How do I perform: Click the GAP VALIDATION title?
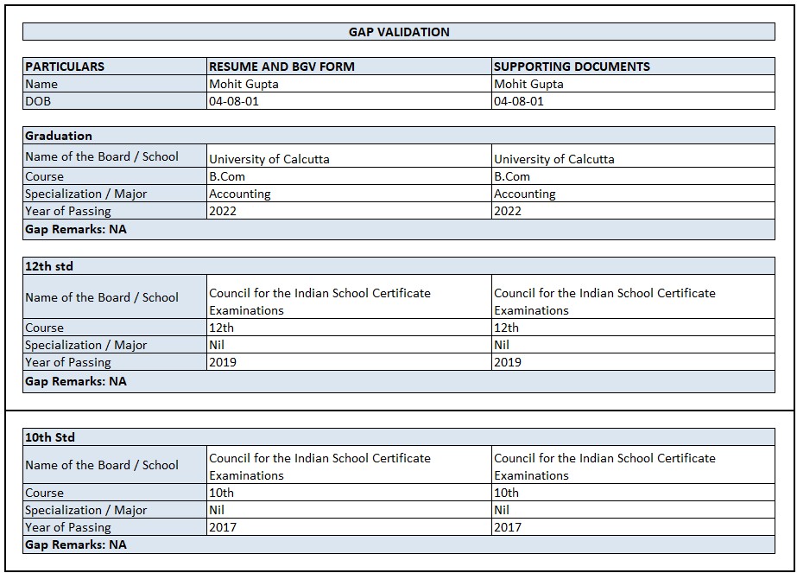pos(399,32)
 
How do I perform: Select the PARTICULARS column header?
pos(65,67)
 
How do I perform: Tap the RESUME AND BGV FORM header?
pos(281,67)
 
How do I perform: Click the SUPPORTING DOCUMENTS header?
pos(572,67)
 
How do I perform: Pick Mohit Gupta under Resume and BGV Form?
pos(244,84)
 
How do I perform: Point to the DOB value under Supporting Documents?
pos(519,101)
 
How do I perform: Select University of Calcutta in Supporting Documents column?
pos(554,159)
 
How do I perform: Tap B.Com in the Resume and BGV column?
pos(227,176)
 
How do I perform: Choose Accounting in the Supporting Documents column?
pos(525,194)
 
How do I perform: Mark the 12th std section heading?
pos(49,266)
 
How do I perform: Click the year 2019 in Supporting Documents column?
pos(508,362)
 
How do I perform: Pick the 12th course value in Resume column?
pos(222,328)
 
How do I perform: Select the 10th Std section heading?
pos(50,437)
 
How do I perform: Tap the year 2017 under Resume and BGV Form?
pos(223,527)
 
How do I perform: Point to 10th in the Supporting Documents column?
pos(507,493)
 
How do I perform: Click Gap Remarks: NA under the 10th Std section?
pos(76,544)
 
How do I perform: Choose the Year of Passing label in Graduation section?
pos(68,211)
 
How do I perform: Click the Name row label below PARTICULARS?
pos(41,84)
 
